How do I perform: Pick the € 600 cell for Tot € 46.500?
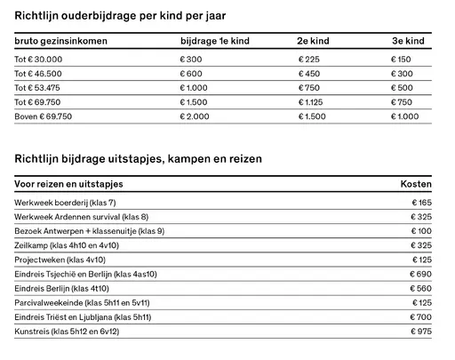pyautogui.click(x=191, y=74)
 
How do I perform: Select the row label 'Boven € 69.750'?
pyautogui.click(x=44, y=116)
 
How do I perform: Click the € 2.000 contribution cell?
pyautogui.click(x=195, y=116)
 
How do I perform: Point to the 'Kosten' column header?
pyautogui.click(x=417, y=183)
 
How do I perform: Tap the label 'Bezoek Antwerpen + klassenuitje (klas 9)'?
pyautogui.click(x=90, y=231)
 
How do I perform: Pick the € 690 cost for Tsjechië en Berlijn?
pyautogui.click(x=421, y=275)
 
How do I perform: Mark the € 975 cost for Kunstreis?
pyautogui.click(x=421, y=332)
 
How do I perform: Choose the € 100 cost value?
pyautogui.click(x=421, y=231)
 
